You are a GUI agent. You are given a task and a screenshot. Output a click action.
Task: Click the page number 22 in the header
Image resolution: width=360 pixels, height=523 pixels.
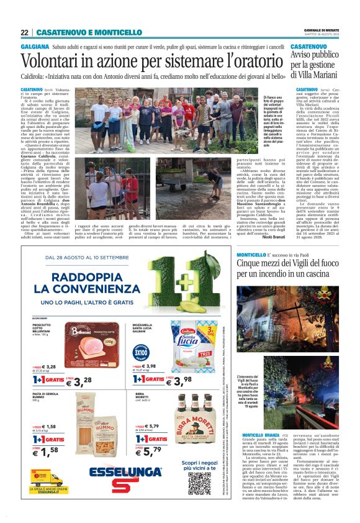point(24,32)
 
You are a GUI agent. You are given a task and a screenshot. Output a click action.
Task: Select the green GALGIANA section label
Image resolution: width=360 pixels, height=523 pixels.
point(35,47)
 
